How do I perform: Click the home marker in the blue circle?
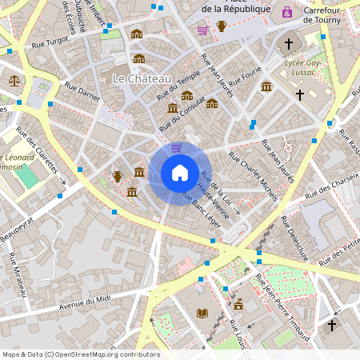[x=179, y=173]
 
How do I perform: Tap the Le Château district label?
[x=142, y=78]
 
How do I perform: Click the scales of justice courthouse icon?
[x=14, y=80]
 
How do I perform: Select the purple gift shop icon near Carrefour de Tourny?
[x=287, y=12]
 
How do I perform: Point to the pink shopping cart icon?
[x=202, y=30]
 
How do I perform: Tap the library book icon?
[x=202, y=313]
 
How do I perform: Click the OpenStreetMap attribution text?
[x=80, y=354]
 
